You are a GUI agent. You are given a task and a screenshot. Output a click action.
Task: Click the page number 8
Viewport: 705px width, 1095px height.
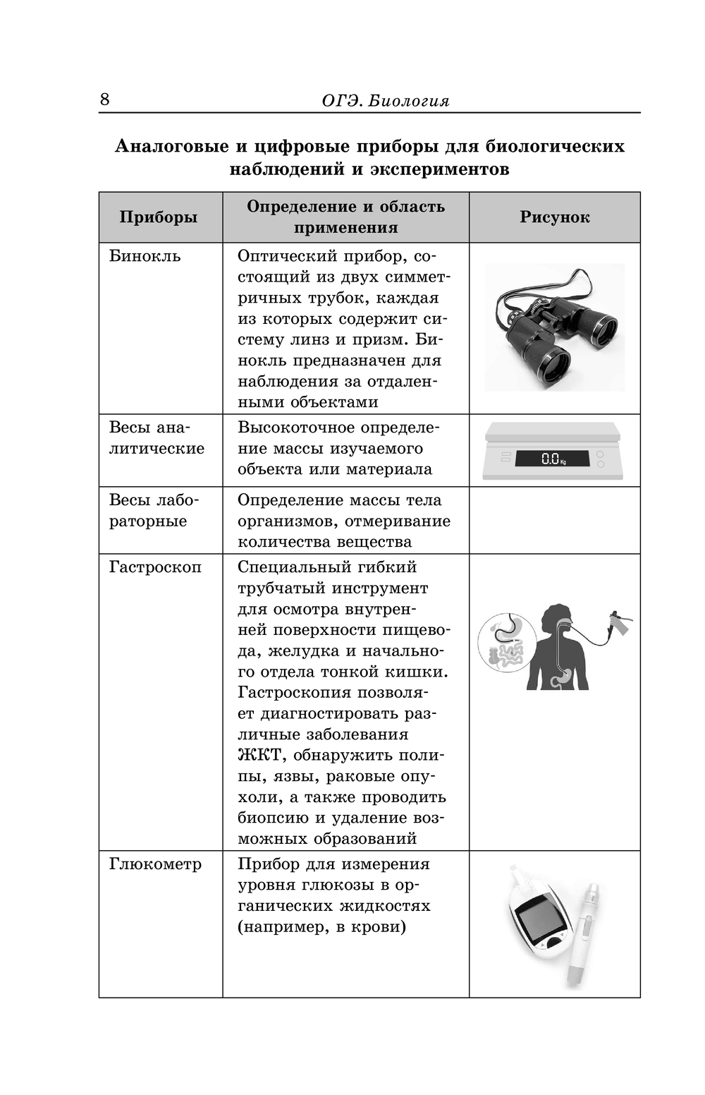[x=104, y=99]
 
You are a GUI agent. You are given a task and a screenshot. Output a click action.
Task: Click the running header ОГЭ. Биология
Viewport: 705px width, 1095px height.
[x=385, y=101]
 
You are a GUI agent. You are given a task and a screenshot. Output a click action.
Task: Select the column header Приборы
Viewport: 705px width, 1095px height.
[x=158, y=217]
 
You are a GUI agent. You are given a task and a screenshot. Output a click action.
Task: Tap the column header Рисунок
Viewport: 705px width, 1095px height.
[x=554, y=217]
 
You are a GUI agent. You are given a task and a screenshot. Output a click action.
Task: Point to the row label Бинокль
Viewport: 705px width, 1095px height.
[x=145, y=256]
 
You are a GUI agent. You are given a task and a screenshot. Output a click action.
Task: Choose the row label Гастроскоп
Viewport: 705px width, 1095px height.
[x=155, y=567]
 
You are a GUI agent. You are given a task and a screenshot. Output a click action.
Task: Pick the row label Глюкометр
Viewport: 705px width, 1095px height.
[x=155, y=864]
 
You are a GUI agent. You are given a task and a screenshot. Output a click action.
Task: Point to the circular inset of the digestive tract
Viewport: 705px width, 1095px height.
[x=506, y=643]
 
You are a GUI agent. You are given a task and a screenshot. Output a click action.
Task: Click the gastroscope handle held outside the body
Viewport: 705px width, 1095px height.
[x=618, y=624]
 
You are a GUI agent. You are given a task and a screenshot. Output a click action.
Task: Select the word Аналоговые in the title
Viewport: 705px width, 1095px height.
[x=171, y=147]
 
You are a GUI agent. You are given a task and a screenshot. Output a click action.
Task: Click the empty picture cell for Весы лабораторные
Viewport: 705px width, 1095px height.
[x=554, y=521]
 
